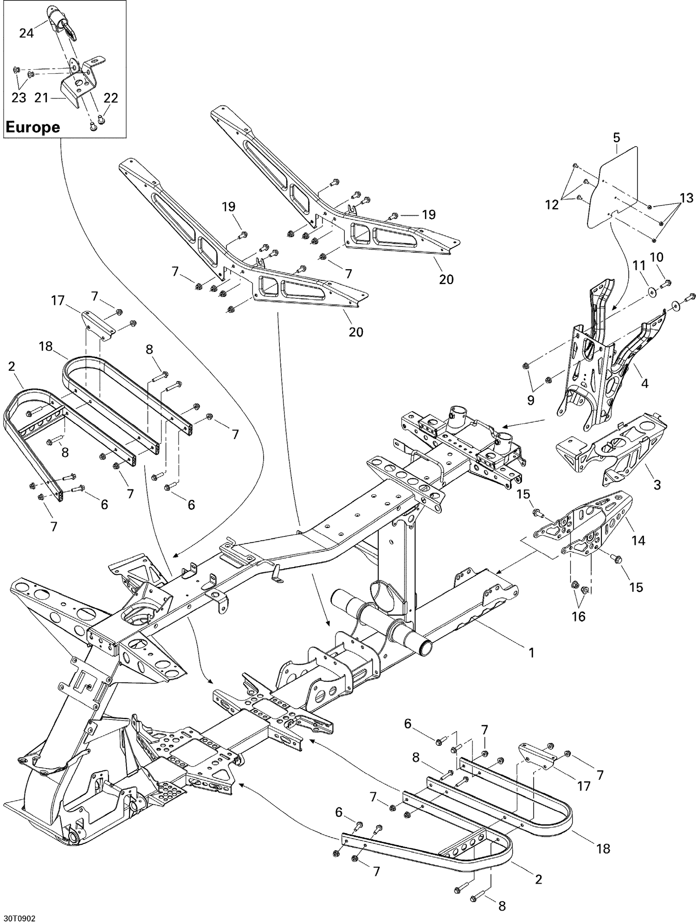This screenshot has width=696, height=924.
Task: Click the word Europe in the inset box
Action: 32,127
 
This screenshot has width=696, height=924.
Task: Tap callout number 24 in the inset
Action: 26,33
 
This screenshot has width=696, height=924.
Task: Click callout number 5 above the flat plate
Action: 616,137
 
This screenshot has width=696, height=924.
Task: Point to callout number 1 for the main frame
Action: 532,653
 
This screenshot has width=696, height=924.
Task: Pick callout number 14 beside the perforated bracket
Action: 638,540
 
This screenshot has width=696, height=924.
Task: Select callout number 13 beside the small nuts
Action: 686,198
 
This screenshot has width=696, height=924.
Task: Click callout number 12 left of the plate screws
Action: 552,204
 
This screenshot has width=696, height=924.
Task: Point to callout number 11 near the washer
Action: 639,266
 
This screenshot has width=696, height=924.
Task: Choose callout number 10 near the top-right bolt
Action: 657,257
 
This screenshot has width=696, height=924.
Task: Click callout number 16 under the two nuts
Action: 579,616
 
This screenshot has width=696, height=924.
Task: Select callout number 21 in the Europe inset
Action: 42,98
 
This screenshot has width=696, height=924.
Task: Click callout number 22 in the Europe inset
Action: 111,98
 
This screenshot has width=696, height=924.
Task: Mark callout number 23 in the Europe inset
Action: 19,98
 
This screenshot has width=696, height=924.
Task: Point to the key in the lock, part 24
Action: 68,29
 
